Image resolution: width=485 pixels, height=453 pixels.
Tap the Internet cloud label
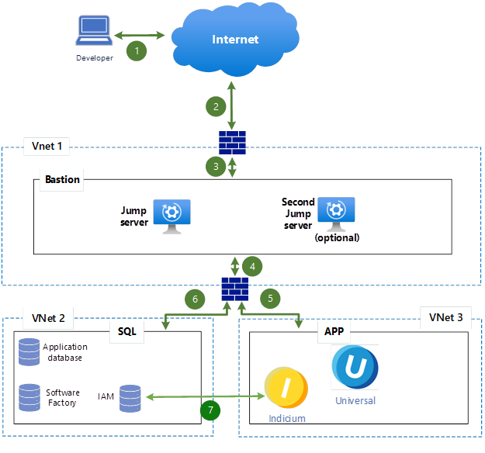[x=235, y=40]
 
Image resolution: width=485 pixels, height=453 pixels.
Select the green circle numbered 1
[x=137, y=50]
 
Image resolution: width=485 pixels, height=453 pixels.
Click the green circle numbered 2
[x=216, y=107]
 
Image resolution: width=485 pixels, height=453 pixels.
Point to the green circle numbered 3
[x=216, y=165]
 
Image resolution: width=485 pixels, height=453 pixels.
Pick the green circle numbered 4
[x=252, y=266]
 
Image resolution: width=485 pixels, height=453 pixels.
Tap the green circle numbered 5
[x=270, y=297]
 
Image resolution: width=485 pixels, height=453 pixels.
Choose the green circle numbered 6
[x=196, y=297]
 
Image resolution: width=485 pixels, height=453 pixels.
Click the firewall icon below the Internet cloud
[x=233, y=142]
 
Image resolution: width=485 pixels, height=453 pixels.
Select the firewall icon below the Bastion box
[x=234, y=289]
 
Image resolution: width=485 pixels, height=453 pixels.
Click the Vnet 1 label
[x=46, y=146]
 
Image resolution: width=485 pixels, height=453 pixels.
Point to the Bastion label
[x=62, y=179]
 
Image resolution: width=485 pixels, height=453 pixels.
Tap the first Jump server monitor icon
[x=171, y=215]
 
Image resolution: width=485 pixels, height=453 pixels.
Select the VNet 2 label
[x=48, y=317]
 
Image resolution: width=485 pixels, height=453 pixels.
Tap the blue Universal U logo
[x=355, y=368]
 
